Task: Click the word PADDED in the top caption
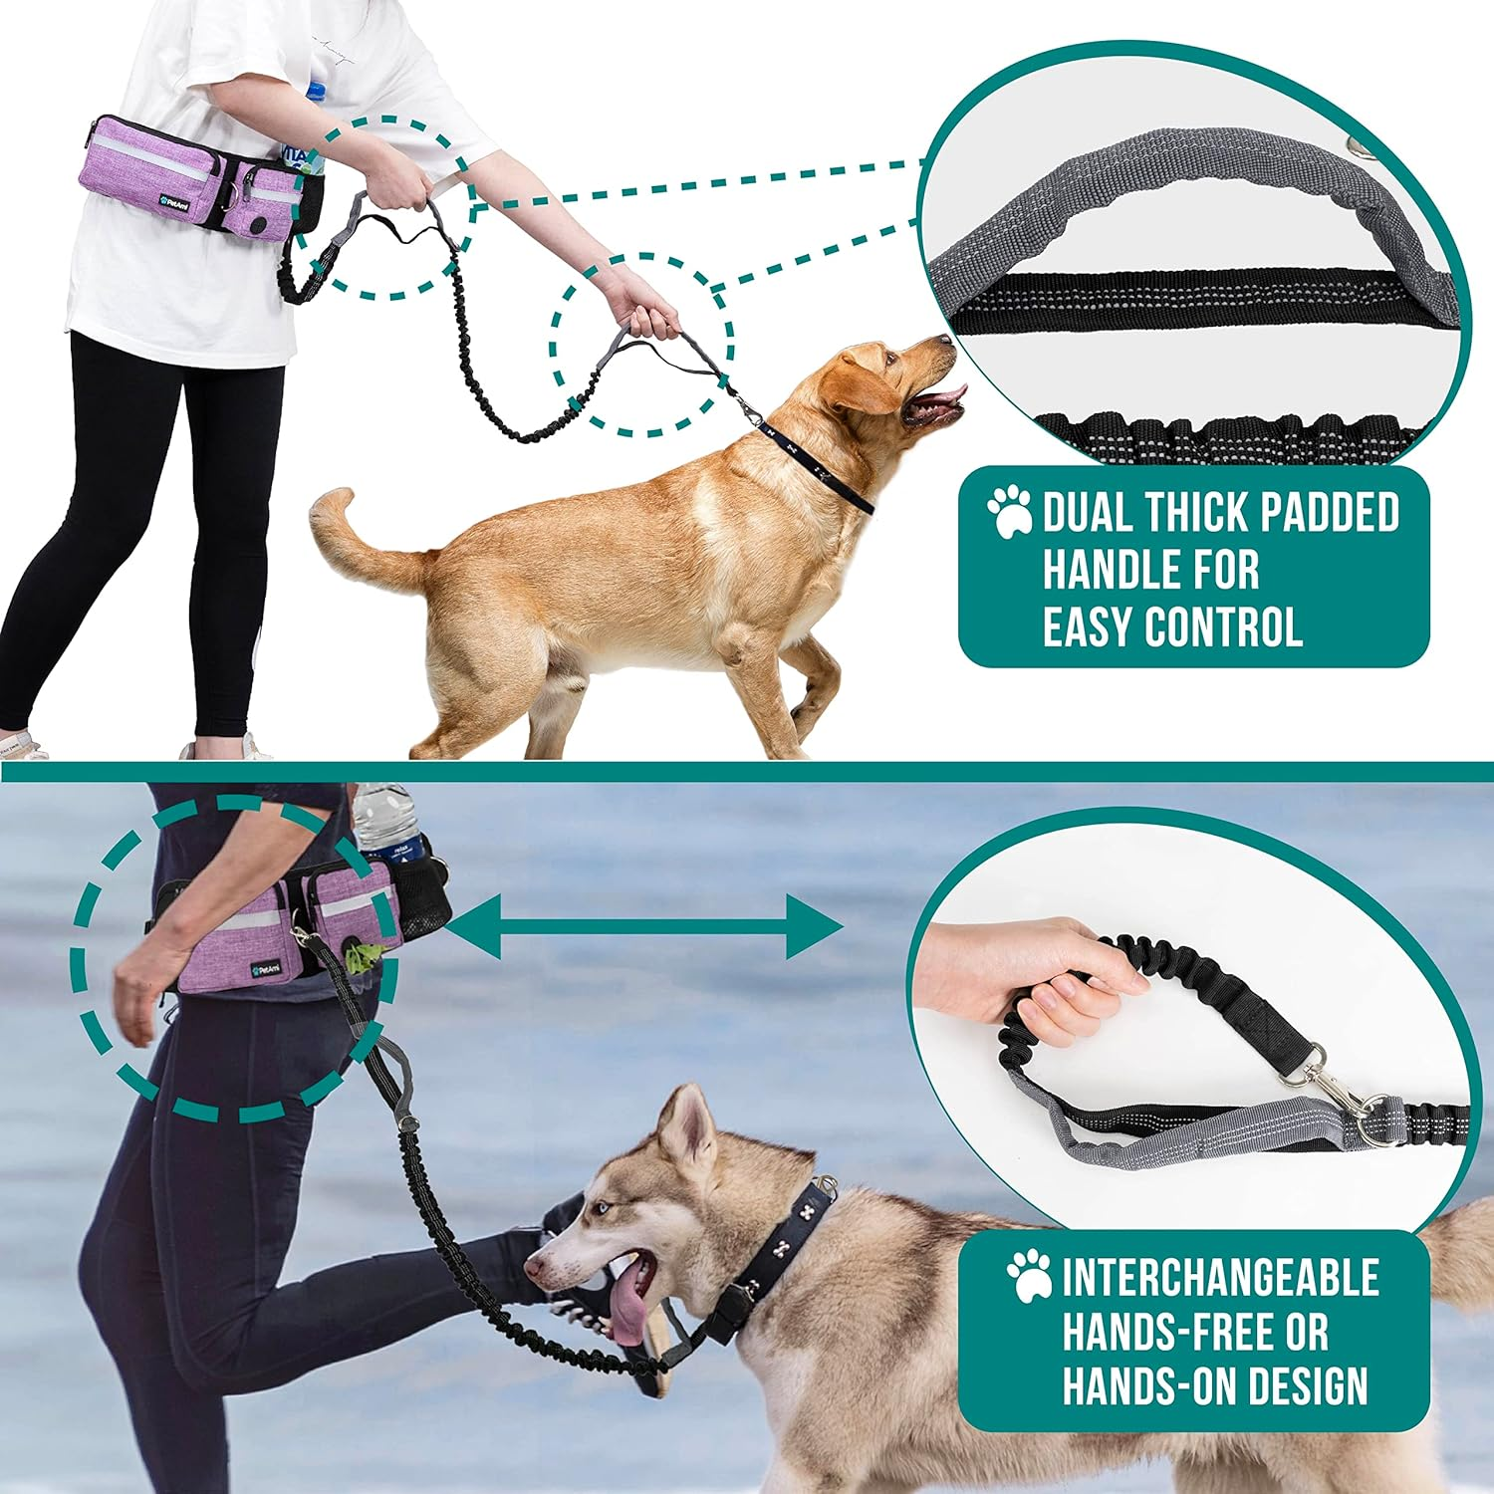(x=1329, y=513)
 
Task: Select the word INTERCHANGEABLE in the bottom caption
(x=1220, y=1278)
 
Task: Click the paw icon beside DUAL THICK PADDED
(x=1010, y=512)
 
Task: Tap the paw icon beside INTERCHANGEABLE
(x=1029, y=1277)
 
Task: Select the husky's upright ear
(x=687, y=1125)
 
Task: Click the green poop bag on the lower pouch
(x=362, y=957)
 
